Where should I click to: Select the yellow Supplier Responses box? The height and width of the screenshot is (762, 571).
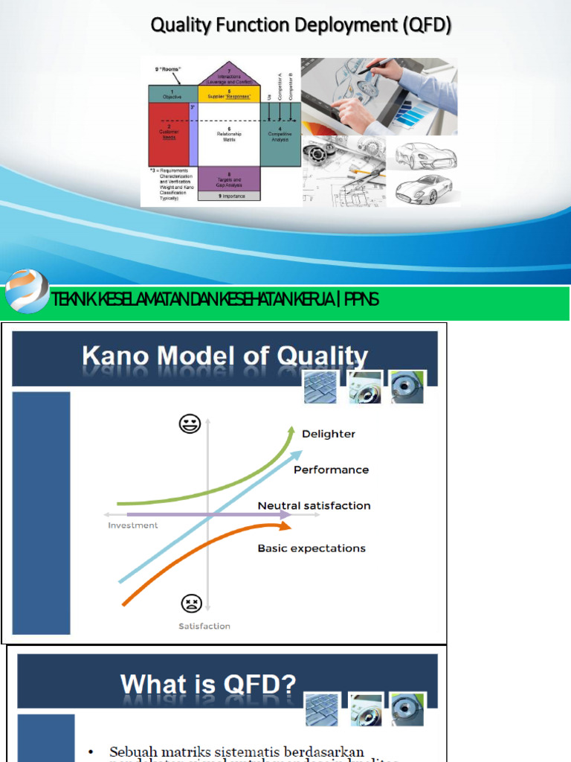[x=229, y=94]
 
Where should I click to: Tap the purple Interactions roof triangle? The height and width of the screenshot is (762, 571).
[x=229, y=75]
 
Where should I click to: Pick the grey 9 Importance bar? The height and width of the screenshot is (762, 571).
[x=229, y=196]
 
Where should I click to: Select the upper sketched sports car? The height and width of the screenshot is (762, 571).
[x=425, y=156]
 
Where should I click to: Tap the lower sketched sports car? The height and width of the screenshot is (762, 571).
[x=424, y=189]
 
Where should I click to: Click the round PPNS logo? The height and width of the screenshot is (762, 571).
[x=26, y=292]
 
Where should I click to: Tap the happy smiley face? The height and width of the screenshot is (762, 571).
[x=190, y=424]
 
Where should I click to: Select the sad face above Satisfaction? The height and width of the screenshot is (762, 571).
[x=191, y=603]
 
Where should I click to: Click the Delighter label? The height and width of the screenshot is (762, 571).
[x=329, y=434]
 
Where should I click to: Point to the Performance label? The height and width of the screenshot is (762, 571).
[x=331, y=470]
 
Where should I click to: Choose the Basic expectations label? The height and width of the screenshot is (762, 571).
[x=312, y=548]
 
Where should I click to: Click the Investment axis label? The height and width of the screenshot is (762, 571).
[x=133, y=525]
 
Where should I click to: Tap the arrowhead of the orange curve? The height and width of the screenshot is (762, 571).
[x=285, y=526]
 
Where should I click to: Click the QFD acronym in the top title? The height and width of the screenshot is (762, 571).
[x=427, y=25]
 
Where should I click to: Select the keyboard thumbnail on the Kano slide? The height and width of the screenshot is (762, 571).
[x=320, y=387]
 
